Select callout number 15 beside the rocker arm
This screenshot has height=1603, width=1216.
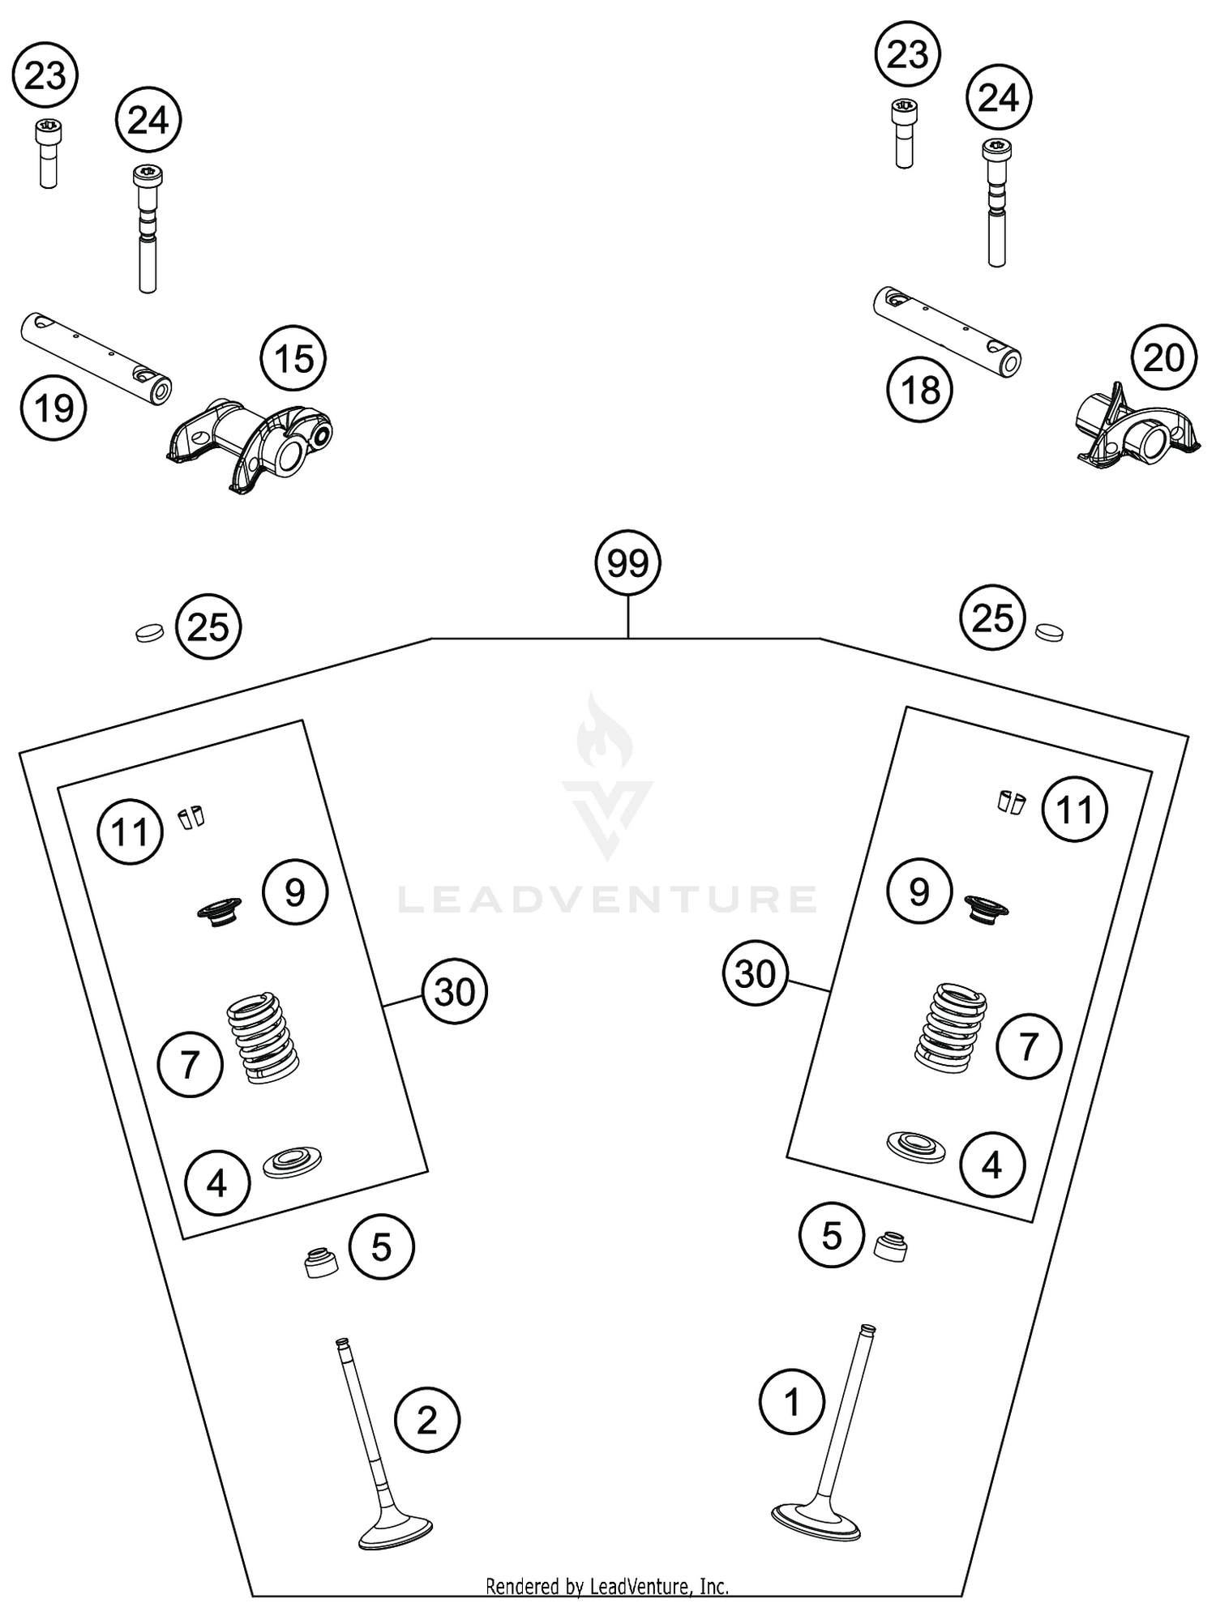[293, 358]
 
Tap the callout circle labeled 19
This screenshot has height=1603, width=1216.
[54, 408]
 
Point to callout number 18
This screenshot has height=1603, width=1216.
[919, 391]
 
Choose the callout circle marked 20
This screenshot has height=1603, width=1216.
[1163, 357]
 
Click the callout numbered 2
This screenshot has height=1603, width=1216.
[426, 1419]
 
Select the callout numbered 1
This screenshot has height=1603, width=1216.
[792, 1401]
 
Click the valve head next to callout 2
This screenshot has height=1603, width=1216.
[395, 1530]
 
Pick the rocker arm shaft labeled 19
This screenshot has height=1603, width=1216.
[96, 356]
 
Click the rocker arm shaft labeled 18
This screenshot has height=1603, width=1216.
[947, 331]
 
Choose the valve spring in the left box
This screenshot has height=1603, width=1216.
[262, 1039]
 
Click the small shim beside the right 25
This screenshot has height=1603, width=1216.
[1050, 631]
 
